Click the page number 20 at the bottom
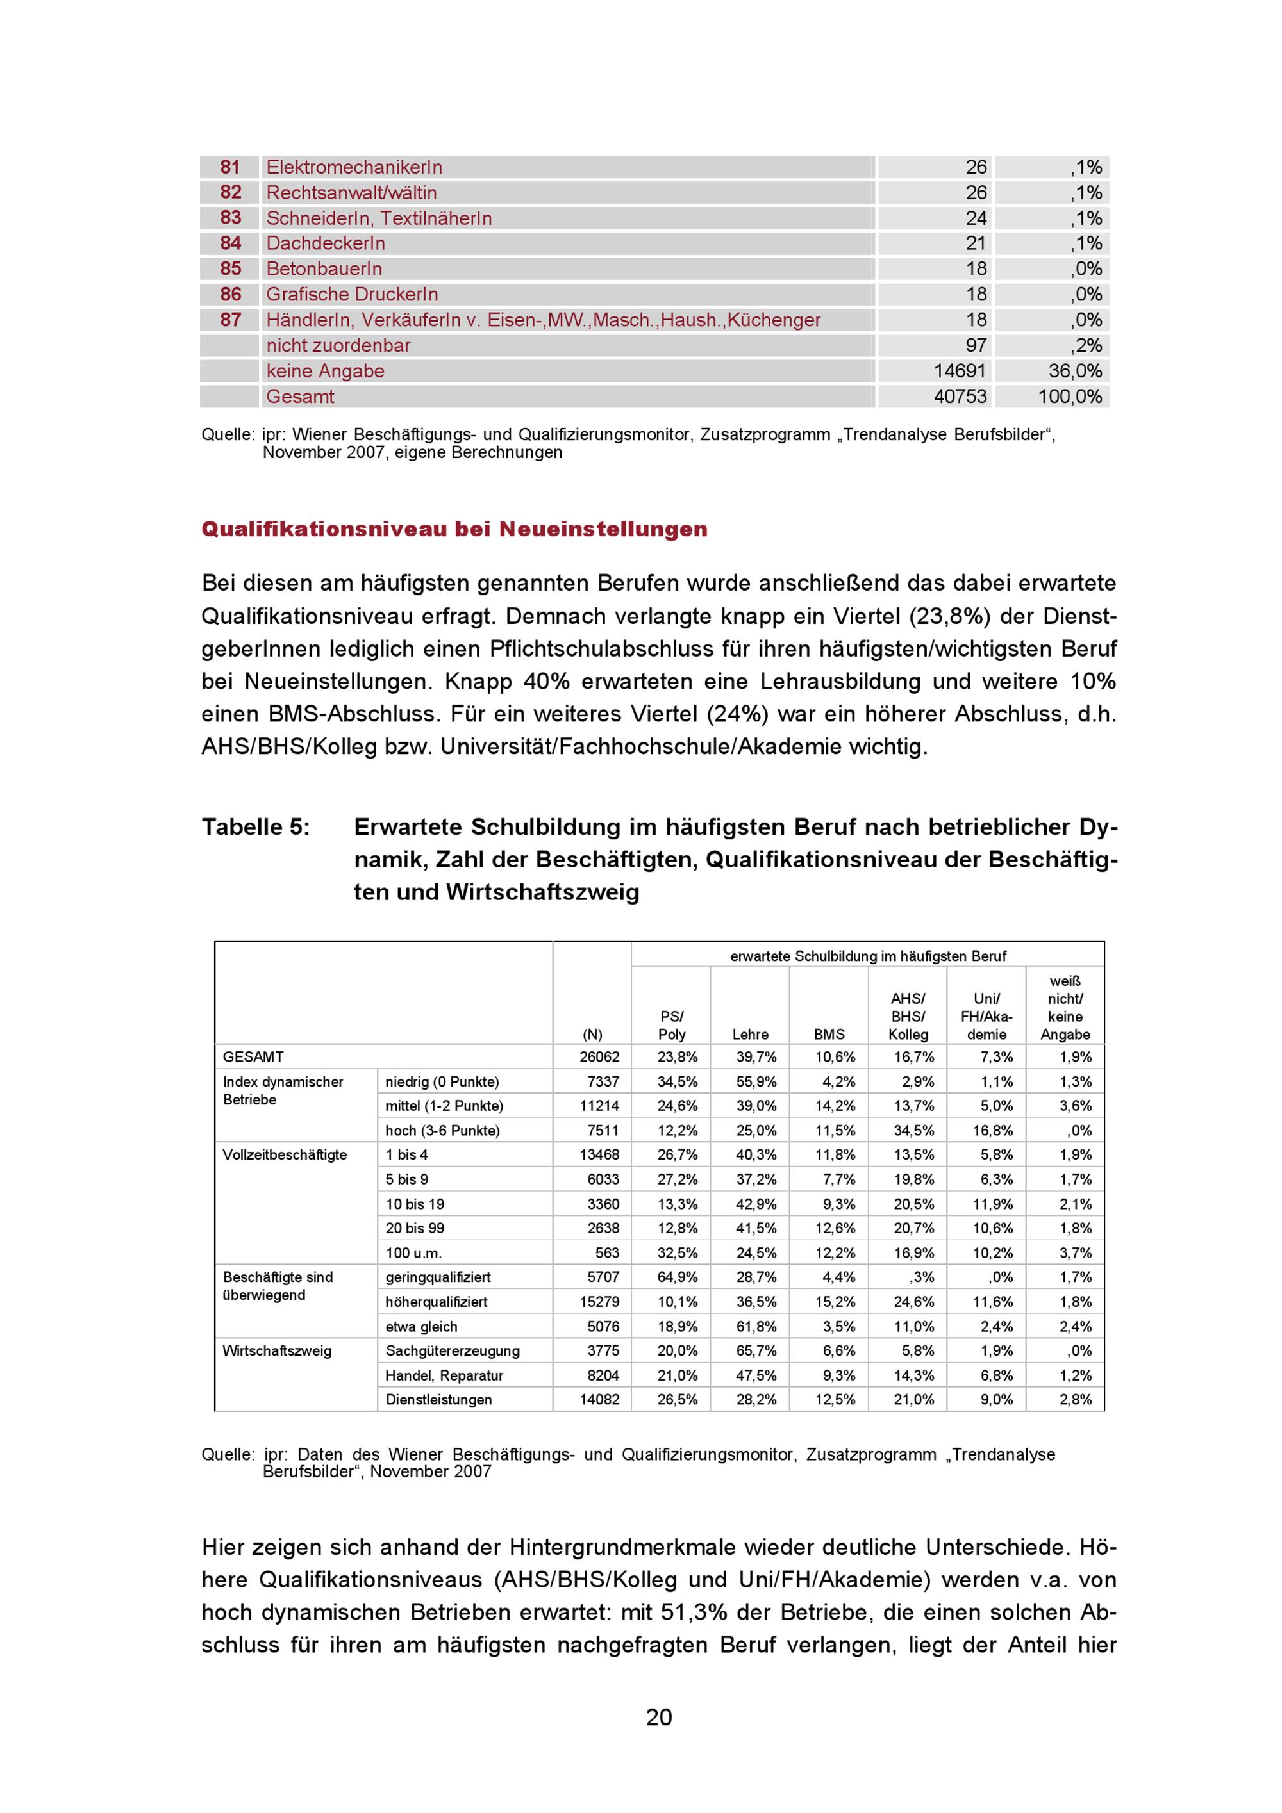tap(659, 1717)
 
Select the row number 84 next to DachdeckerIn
tap(230, 243)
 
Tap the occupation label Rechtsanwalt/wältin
tap(351, 193)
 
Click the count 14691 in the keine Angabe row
tap(960, 371)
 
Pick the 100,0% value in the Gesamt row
tap(1070, 397)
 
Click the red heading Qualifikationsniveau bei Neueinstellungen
tap(454, 529)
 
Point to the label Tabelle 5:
tap(255, 827)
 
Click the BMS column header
tap(829, 1035)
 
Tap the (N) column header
tap(592, 1035)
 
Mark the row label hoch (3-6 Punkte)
tap(442, 1131)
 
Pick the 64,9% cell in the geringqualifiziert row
tap(677, 1277)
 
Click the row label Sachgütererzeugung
tap(452, 1350)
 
